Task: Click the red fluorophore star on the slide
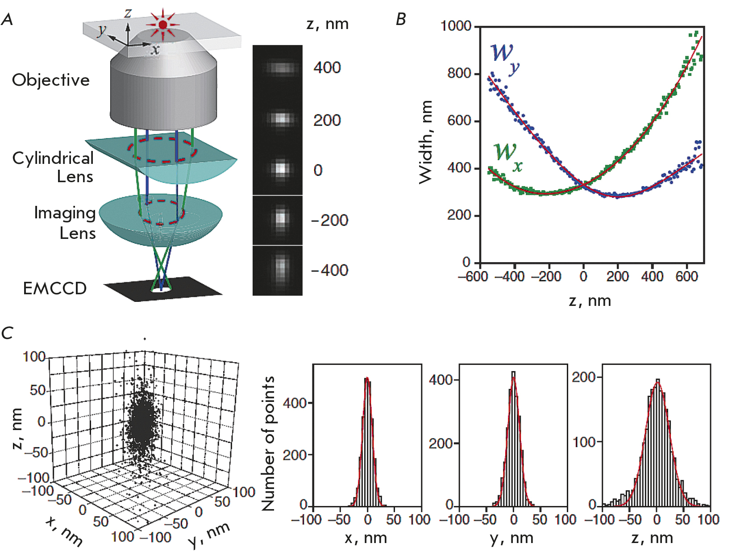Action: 163,25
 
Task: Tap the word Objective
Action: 51,80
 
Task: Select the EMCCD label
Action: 54,288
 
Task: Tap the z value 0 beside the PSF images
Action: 318,170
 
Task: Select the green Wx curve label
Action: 508,156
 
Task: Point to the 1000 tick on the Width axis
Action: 456,26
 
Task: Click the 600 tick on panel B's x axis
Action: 686,276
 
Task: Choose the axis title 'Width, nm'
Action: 426,142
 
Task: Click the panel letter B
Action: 401,19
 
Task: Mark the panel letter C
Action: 7,333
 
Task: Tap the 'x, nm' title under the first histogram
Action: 366,538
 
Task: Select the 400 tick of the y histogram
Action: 441,380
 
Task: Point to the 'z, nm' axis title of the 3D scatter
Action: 17,428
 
